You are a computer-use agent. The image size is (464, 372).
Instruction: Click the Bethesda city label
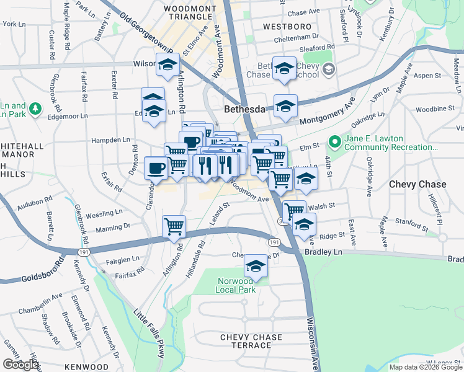244,109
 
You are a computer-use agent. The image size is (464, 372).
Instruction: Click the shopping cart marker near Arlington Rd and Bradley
174,226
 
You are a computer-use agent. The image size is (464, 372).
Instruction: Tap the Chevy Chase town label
417,184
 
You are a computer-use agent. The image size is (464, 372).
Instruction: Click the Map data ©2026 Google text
425,367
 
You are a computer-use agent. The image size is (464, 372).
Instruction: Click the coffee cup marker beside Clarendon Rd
156,167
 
